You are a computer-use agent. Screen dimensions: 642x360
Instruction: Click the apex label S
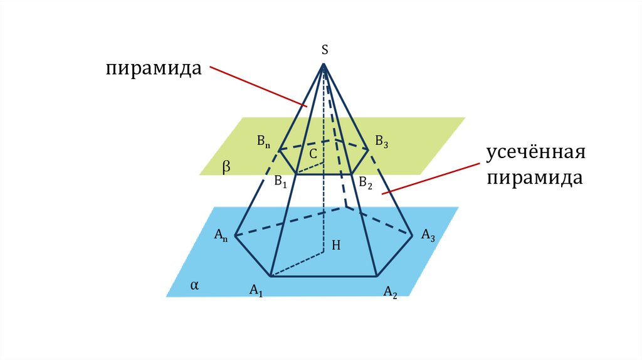(x=325, y=50)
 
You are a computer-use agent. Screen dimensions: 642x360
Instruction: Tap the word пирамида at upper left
(x=153, y=68)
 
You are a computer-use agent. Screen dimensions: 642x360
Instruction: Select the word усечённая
(x=536, y=154)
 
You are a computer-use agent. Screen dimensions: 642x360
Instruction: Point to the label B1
(x=280, y=182)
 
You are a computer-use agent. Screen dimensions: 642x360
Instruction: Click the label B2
(x=366, y=183)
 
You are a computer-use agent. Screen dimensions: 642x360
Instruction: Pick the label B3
(x=382, y=142)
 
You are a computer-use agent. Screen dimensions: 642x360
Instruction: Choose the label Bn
(x=263, y=141)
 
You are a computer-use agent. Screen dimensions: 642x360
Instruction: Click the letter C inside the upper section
(x=312, y=152)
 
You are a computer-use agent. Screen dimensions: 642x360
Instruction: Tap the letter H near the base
(x=336, y=246)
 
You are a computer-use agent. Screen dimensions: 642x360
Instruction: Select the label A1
(x=256, y=290)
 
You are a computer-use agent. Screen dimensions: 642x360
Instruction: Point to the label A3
(x=428, y=235)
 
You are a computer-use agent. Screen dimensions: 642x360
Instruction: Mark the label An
(x=221, y=235)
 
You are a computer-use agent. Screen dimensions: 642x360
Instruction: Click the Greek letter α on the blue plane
(x=194, y=285)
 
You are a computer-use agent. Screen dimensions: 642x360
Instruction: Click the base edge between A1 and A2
(x=323, y=276)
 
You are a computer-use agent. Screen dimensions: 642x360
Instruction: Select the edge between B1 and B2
(x=323, y=174)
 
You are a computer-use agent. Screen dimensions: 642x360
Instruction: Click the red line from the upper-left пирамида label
(x=257, y=86)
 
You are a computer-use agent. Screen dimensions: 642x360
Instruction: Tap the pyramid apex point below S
(x=324, y=64)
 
